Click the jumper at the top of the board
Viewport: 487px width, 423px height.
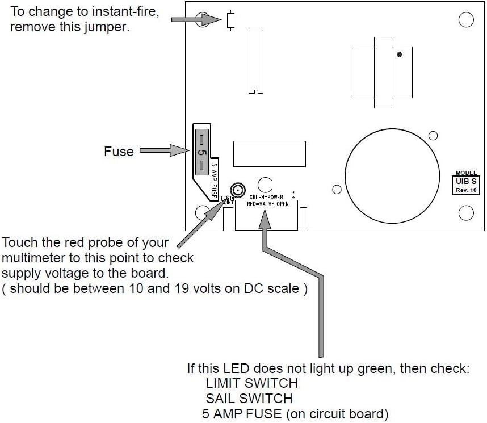click(x=230, y=20)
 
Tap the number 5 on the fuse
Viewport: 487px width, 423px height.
click(x=201, y=152)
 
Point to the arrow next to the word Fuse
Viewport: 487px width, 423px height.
click(x=164, y=151)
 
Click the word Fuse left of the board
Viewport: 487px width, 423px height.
click(x=119, y=152)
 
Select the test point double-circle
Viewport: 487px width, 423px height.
click(x=237, y=190)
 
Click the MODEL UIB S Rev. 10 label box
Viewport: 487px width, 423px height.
click(x=468, y=182)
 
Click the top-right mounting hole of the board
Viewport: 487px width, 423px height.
click(x=466, y=20)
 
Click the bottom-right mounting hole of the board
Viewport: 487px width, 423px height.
click(x=466, y=213)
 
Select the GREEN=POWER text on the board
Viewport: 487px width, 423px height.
click(x=266, y=198)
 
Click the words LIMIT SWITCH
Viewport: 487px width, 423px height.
click(x=251, y=383)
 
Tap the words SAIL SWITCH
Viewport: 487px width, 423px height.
click(x=249, y=399)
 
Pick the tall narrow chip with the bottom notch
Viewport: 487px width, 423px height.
click(x=256, y=61)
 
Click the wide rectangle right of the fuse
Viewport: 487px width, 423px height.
click(x=269, y=153)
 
